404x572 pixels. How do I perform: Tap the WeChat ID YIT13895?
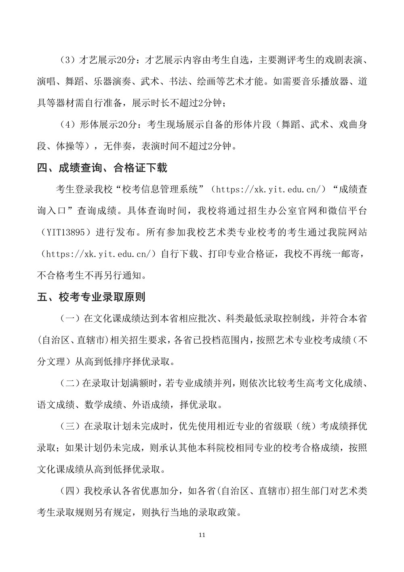tap(66, 232)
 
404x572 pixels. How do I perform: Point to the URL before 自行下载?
tap(99, 254)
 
